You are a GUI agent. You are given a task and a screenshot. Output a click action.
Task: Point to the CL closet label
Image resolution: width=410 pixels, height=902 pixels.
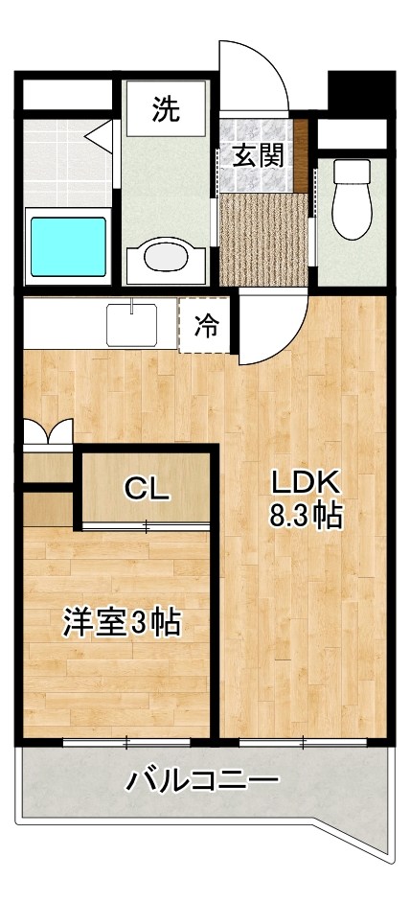point(148,489)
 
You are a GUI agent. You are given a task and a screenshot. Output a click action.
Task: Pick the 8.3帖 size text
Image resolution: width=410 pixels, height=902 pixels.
point(305,516)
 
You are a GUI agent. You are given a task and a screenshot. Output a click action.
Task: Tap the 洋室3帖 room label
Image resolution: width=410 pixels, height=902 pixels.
point(121,623)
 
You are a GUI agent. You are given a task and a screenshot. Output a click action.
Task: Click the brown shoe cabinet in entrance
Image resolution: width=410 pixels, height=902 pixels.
point(301,153)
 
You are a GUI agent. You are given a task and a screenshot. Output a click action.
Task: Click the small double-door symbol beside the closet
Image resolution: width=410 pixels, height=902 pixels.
point(46,433)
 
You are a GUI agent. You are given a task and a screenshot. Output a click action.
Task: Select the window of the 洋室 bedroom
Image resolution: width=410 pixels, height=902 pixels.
point(126,740)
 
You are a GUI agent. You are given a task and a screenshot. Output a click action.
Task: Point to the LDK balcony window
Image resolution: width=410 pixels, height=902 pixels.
point(302,740)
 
